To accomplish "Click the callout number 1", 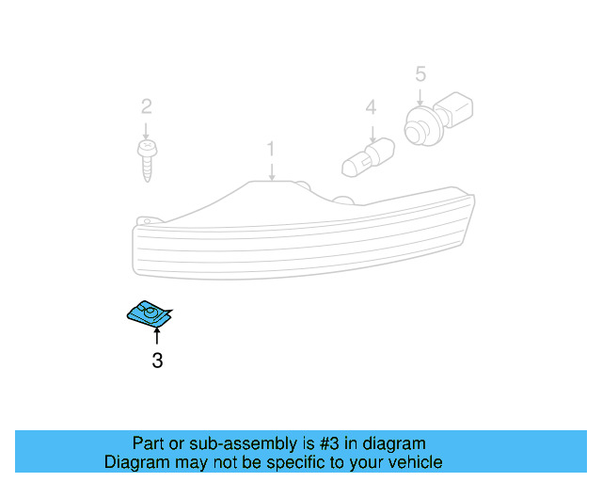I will click(271, 149).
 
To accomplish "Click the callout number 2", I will click(146, 105).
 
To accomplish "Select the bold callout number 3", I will click(157, 360).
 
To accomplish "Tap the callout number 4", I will click(372, 108).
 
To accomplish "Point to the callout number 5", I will click(420, 72).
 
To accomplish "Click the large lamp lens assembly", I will click(301, 235).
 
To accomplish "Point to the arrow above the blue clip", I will click(157, 336).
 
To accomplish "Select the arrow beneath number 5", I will click(420, 93).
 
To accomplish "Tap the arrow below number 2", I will click(146, 127).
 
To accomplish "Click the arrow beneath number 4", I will click(372, 130).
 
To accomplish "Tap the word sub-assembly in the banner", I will click(219, 443).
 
